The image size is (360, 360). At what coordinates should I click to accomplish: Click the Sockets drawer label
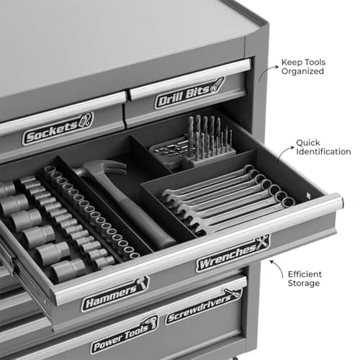[x=58, y=129]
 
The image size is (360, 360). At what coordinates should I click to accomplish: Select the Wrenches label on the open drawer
[x=233, y=253]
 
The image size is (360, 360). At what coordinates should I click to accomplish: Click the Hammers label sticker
[x=115, y=294]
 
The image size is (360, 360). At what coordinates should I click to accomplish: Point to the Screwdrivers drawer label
[x=204, y=306]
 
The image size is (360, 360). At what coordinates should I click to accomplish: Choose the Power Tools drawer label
[x=125, y=334]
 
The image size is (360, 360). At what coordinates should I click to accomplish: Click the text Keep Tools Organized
[x=303, y=67]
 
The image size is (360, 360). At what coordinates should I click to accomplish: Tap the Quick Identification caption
[x=323, y=147]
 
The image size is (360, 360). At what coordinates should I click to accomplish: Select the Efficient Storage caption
[x=305, y=279]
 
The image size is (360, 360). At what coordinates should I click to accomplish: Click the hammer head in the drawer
[x=101, y=168]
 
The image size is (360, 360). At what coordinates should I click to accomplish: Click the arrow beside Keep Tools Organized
[x=266, y=71]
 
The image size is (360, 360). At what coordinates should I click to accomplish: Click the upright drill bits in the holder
[x=210, y=138]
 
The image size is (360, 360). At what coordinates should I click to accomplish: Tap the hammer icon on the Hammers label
[x=142, y=283]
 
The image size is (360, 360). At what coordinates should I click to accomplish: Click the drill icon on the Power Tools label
[x=152, y=323]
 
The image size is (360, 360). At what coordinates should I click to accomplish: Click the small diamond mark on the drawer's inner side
[x=308, y=194]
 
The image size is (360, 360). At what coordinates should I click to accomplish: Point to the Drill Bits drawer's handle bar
[x=189, y=78]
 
